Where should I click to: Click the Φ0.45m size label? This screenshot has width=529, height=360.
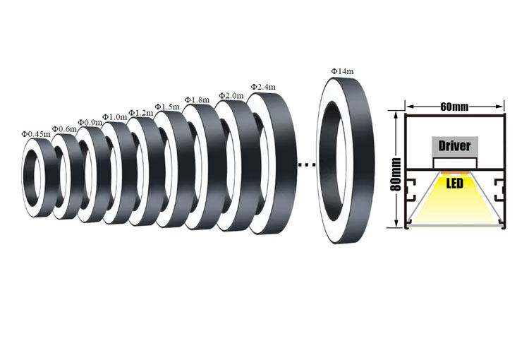tap(35, 133)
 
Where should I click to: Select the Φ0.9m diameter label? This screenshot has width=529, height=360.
tap(90, 122)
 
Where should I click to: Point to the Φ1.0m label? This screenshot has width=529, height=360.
tap(114, 116)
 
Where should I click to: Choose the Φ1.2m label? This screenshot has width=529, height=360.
tap(141, 112)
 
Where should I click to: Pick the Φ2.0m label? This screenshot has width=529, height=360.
tap(231, 95)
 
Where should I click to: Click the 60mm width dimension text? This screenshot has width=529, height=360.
tap(454, 107)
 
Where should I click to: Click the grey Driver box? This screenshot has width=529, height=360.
tap(455, 147)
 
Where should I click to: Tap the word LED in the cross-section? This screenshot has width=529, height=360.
tap(455, 184)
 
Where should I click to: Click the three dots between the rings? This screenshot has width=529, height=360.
tap(305, 165)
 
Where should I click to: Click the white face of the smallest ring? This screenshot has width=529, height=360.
tap(28, 176)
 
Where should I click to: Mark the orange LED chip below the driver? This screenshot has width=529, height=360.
tap(455, 172)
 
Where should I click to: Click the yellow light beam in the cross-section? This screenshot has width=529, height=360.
tap(455, 208)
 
